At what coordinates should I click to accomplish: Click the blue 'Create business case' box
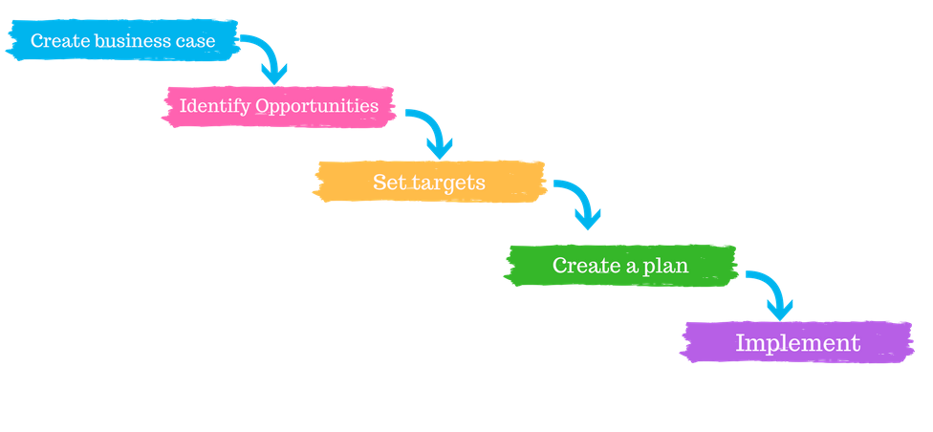pos(122,41)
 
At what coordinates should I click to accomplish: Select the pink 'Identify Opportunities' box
pos(278,105)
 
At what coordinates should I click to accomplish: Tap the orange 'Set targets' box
pos(429,182)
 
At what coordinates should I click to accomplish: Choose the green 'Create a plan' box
pos(619,265)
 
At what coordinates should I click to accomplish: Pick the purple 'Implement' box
pos(796,342)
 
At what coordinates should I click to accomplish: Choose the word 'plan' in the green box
pos(666,265)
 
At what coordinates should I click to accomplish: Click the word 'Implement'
pos(797,343)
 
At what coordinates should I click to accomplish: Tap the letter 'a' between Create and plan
pos(632,266)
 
